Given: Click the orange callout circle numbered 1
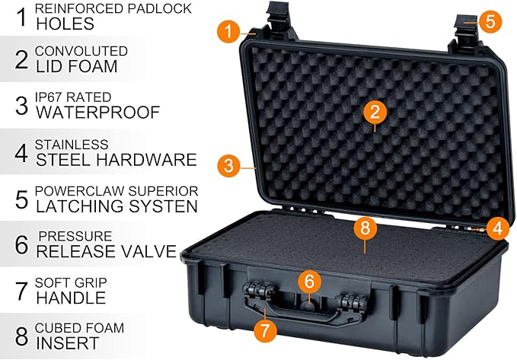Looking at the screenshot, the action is (228, 32).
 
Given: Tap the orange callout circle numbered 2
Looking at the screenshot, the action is (375, 112).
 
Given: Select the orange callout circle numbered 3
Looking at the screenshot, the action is (228, 165).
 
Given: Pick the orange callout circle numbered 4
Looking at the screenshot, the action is (497, 228).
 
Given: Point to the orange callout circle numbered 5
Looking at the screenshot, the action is (490, 21).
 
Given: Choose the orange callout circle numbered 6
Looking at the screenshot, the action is (310, 281).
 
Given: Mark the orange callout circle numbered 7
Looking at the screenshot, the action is (265, 331).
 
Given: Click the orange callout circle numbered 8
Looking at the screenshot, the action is (365, 227).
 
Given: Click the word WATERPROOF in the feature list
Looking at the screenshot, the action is (98, 113).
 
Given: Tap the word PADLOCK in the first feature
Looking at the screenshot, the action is (160, 8).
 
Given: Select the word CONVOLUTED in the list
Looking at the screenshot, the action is (81, 51).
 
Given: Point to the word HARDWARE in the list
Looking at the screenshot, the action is (146, 160).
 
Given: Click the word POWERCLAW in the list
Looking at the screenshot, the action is (79, 191).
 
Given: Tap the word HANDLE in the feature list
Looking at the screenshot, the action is (71, 298).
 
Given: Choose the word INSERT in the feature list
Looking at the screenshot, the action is (68, 342).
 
